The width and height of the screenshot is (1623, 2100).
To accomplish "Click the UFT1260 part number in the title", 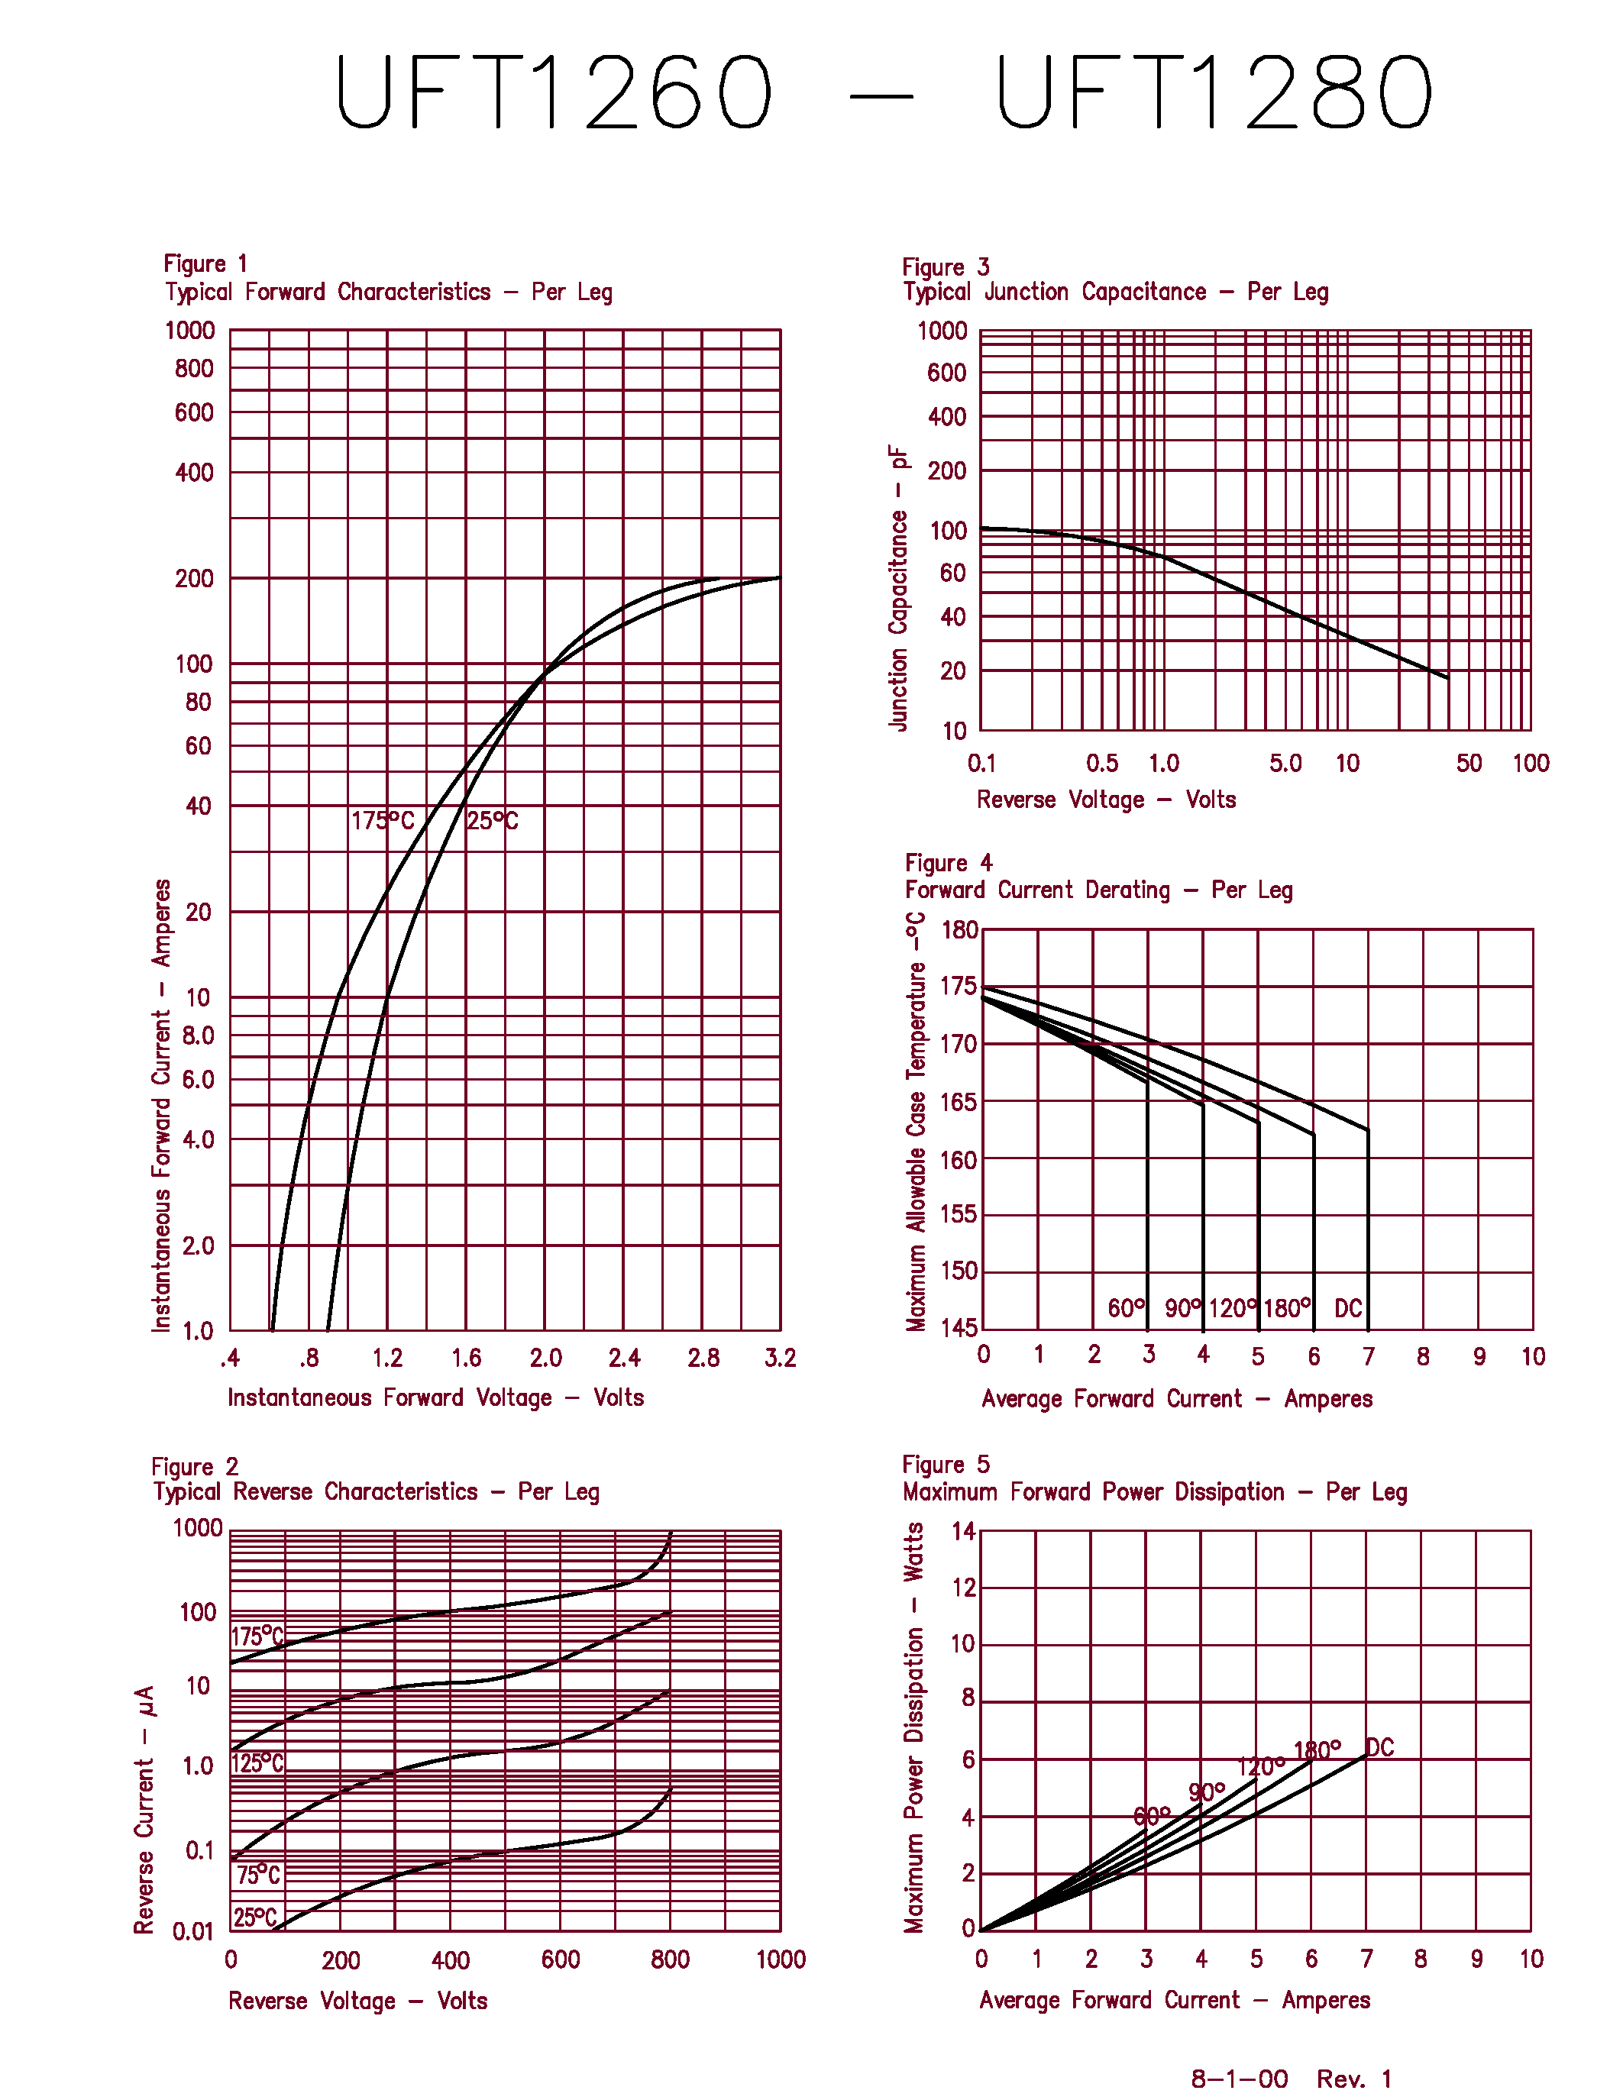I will (553, 92).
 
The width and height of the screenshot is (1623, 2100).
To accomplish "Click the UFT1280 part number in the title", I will (1214, 92).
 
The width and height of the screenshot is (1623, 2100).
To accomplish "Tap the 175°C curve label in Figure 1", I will (382, 820).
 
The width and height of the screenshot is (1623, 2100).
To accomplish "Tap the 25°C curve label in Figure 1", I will (493, 820).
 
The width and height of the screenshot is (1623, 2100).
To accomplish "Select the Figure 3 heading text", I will (945, 267).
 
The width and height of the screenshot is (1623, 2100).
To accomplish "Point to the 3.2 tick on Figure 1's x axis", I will (780, 1358).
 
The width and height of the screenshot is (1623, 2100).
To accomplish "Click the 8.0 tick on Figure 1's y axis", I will (198, 1035).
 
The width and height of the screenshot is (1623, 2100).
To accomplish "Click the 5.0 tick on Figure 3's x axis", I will (1285, 763).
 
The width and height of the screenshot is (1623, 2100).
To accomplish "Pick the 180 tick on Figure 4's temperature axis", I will (959, 930).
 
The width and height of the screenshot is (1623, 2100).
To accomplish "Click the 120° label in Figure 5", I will (1259, 1766).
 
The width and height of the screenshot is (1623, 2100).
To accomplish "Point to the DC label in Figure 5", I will (1380, 1747).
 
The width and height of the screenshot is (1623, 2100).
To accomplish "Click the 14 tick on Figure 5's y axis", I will (962, 1531).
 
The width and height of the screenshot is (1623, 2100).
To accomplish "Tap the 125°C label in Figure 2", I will (257, 1762).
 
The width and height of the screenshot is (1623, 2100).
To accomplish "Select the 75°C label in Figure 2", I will (257, 1874).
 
